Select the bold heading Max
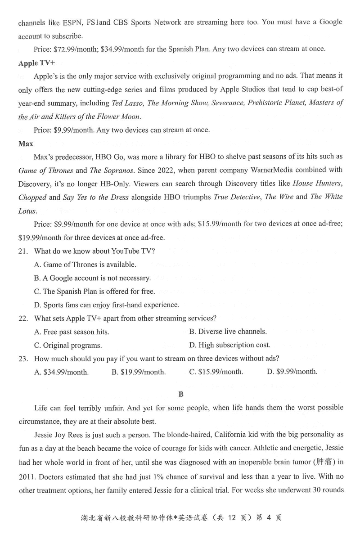click(26, 144)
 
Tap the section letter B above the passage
click(181, 394)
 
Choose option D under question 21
click(107, 305)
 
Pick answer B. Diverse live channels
click(228, 332)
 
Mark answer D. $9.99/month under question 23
click(292, 372)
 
